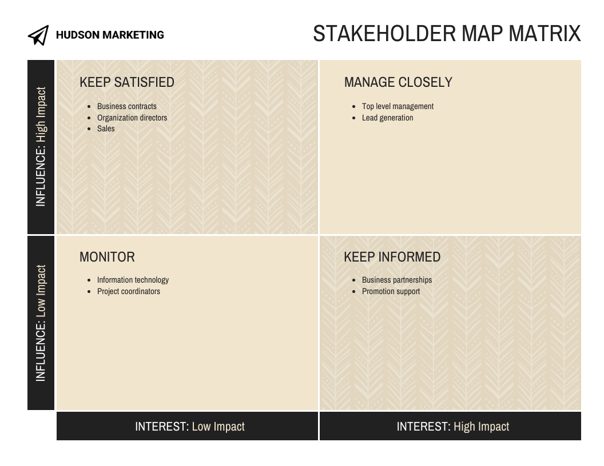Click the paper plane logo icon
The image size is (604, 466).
(x=38, y=35)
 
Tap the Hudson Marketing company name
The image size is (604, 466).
(x=110, y=35)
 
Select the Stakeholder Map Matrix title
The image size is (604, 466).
(x=447, y=34)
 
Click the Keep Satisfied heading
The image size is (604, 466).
(x=127, y=82)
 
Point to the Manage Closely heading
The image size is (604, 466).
(x=398, y=82)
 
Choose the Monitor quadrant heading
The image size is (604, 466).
(x=107, y=257)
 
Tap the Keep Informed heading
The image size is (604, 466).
(x=392, y=257)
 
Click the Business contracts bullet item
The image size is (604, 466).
(x=126, y=106)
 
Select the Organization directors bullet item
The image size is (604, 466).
(x=132, y=118)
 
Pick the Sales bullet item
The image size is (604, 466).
(x=106, y=128)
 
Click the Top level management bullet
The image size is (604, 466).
(x=398, y=106)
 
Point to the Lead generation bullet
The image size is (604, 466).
(x=387, y=118)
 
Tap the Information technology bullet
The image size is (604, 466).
(x=133, y=280)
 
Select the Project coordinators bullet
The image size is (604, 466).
(x=129, y=291)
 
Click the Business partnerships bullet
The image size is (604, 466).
(x=397, y=280)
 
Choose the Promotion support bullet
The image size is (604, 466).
(x=391, y=291)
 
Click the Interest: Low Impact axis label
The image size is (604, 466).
(x=189, y=427)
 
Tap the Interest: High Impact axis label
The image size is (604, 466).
(x=452, y=427)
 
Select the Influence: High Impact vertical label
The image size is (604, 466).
(x=41, y=147)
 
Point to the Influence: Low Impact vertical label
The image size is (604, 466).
(x=41, y=323)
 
